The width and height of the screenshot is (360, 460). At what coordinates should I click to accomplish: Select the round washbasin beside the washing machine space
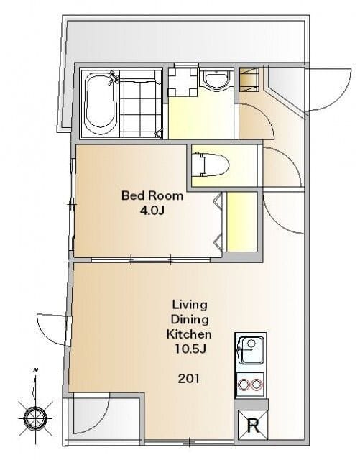(215, 80)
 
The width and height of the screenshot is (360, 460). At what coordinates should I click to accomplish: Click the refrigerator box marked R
(252, 425)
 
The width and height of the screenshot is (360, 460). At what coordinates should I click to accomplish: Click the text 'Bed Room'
(152, 195)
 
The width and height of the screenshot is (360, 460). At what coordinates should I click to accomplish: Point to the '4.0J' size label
(152, 211)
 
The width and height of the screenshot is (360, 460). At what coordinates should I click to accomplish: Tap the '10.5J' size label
(189, 350)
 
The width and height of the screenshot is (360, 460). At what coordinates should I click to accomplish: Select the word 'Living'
(189, 303)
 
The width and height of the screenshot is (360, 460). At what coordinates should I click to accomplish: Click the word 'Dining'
(189, 319)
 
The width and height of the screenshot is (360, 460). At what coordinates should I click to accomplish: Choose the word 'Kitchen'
(189, 335)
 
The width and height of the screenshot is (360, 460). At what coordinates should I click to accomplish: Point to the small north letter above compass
(36, 371)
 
